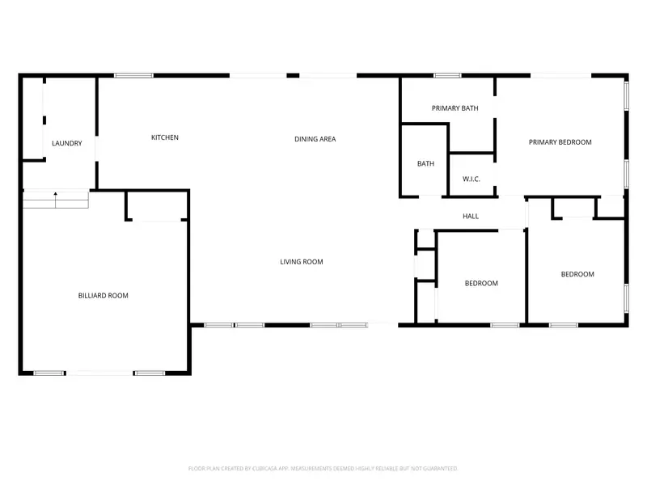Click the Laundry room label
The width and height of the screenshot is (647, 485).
(x=66, y=144)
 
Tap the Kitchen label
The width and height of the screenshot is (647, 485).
(x=165, y=137)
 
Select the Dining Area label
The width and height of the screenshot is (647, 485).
(x=315, y=139)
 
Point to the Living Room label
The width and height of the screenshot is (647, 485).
(x=302, y=262)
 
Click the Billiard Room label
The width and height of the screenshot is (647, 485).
(x=103, y=296)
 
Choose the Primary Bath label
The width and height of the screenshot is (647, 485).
(x=455, y=108)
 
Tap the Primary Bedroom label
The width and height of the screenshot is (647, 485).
(x=560, y=142)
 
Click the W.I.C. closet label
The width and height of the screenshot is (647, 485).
(x=472, y=179)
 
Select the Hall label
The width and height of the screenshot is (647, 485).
(x=471, y=217)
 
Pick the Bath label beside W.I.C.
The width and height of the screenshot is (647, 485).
(x=425, y=164)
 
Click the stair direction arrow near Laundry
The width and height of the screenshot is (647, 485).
(x=55, y=195)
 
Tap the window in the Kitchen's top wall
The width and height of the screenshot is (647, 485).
(x=133, y=76)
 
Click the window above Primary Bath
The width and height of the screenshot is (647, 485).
(x=447, y=76)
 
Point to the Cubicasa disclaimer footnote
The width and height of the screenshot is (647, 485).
(x=323, y=468)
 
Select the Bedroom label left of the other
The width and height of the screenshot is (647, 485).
(x=481, y=284)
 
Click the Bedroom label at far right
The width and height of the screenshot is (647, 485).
(x=577, y=274)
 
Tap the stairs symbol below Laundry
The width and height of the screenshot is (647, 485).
(x=55, y=199)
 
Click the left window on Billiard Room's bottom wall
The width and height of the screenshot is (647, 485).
(x=49, y=373)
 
